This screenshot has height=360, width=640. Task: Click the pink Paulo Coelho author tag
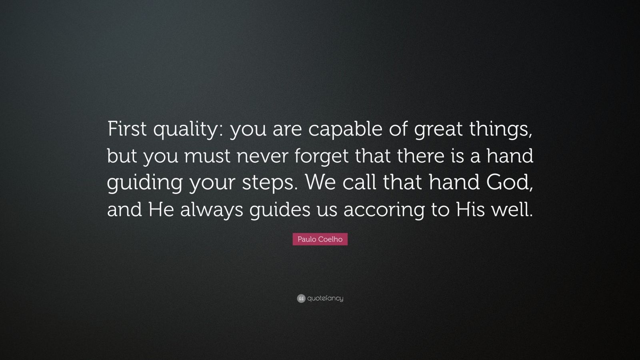coord(320,239)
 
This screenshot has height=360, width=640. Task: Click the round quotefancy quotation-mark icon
coord(301,298)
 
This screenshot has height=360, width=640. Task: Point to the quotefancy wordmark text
coord(325,298)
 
